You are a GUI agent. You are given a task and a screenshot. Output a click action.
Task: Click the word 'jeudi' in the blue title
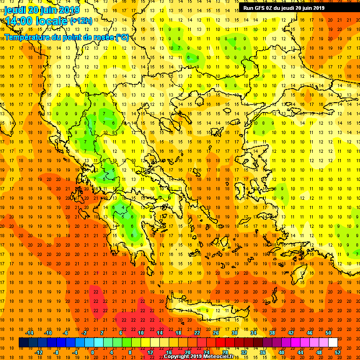pyautogui.click(x=15, y=10)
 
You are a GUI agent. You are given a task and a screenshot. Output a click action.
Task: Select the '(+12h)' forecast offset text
pyautogui.click(x=82, y=21)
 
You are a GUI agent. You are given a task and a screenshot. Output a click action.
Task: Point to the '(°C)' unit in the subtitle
pyautogui.click(x=122, y=37)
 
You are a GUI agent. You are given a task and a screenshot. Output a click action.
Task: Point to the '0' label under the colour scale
pyautogui.click(x=92, y=352)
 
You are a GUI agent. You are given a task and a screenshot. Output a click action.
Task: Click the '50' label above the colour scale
pyautogui.click(x=328, y=333)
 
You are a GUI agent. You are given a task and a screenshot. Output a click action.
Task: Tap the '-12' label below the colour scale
pyautogui.click(x=38, y=352)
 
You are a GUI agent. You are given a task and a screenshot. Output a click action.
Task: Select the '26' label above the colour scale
pyautogui.click(x=216, y=333)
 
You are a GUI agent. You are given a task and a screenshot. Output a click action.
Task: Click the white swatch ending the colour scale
pyautogui.click(x=333, y=343)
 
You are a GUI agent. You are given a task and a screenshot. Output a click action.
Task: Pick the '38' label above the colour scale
pyautogui.click(x=272, y=333)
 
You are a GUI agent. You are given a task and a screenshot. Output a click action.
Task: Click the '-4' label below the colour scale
pyautogui.click(x=75, y=352)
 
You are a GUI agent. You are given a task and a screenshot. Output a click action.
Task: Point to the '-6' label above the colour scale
pyautogui.click(x=66, y=333)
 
